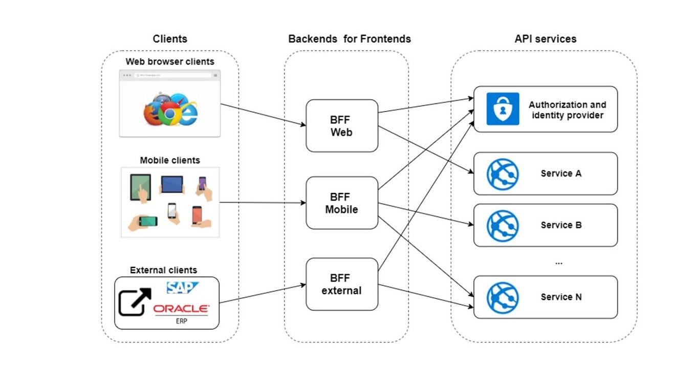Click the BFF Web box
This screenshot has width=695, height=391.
pyautogui.click(x=341, y=126)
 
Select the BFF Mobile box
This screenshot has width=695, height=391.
pyautogui.click(x=341, y=203)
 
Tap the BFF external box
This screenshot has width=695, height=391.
pyautogui.click(x=341, y=285)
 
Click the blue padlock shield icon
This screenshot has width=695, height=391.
pyautogui.click(x=502, y=108)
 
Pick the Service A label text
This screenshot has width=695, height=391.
pyautogui.click(x=561, y=173)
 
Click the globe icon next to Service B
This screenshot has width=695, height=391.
pyautogui.click(x=502, y=225)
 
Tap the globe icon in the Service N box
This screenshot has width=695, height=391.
pyautogui.click(x=502, y=297)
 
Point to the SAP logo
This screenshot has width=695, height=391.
pyautogui.click(x=182, y=288)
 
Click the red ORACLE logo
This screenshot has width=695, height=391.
pyautogui.click(x=181, y=309)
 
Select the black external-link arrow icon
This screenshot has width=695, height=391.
pyautogui.click(x=135, y=302)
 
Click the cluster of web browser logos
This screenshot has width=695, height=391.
pyautogui.click(x=170, y=110)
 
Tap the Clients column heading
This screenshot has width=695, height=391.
pyautogui.click(x=170, y=39)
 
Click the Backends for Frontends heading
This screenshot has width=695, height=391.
pyautogui.click(x=349, y=39)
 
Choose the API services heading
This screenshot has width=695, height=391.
pyautogui.click(x=545, y=39)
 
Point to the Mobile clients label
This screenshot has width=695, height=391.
pyautogui.click(x=170, y=160)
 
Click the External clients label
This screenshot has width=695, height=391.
pyautogui.click(x=163, y=270)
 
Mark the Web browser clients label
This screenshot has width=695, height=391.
pyautogui.click(x=170, y=62)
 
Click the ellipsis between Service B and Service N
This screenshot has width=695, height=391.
pyautogui.click(x=558, y=263)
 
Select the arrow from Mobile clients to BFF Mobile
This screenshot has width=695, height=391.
pyautogui.click(x=262, y=203)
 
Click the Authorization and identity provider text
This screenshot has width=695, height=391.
pyautogui.click(x=567, y=110)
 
